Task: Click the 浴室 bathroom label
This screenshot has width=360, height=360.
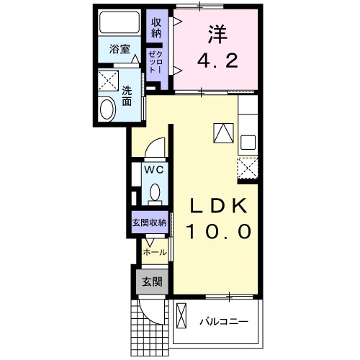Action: tap(119, 50)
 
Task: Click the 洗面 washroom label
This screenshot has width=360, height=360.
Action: tap(127, 97)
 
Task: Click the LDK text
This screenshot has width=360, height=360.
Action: tap(220, 206)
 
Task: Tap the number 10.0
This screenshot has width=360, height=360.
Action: tap(220, 232)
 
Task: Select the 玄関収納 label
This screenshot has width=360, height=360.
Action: tap(149, 222)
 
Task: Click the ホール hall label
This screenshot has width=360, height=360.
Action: tap(154, 253)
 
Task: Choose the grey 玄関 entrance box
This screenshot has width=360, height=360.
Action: tap(151, 282)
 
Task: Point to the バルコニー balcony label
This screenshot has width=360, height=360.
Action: tap(224, 321)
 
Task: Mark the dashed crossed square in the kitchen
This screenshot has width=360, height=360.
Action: tap(248, 168)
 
